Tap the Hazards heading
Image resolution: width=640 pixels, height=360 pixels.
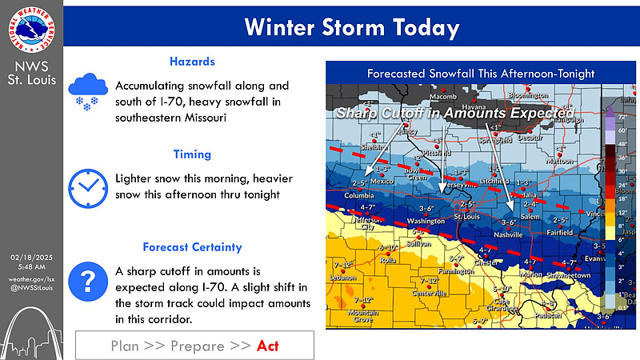tap(191, 62)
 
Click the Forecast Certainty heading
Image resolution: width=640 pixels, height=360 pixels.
tap(192, 247)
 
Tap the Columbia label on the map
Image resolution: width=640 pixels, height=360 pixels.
tap(359, 195)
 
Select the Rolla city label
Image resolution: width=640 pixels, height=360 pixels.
tap(389, 259)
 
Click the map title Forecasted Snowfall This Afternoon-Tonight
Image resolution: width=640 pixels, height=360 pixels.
tap(480, 73)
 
